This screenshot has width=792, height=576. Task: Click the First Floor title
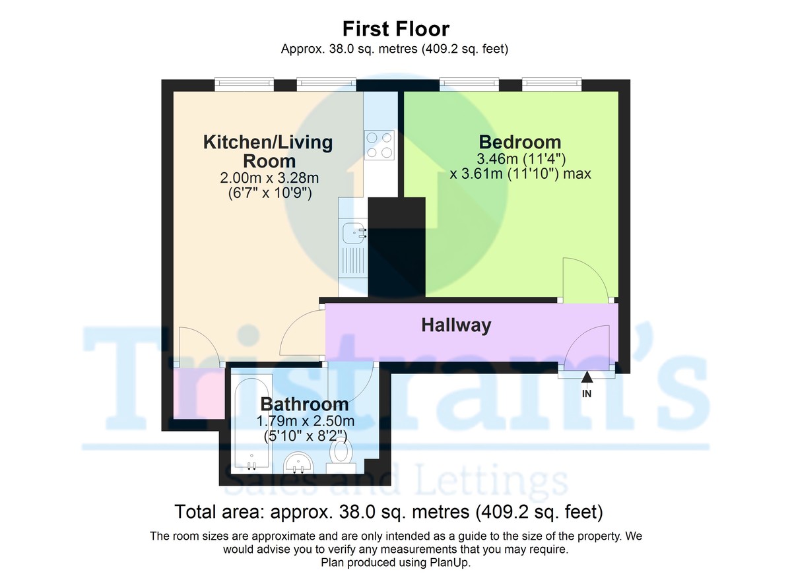[396, 29]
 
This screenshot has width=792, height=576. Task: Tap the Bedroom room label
[520, 142]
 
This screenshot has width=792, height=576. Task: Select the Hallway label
[457, 325]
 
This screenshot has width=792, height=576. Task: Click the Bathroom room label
[304, 404]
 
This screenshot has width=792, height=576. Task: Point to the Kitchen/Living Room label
[268, 151]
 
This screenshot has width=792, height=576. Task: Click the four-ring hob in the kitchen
[379, 145]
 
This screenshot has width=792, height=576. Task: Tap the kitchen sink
[354, 232]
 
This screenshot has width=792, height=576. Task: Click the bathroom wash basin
[297, 462]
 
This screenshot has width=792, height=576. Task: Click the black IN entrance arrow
[587, 377]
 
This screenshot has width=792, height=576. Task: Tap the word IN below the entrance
[587, 394]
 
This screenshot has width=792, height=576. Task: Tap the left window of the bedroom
[469, 84]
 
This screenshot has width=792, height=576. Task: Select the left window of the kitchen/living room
[244, 84]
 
